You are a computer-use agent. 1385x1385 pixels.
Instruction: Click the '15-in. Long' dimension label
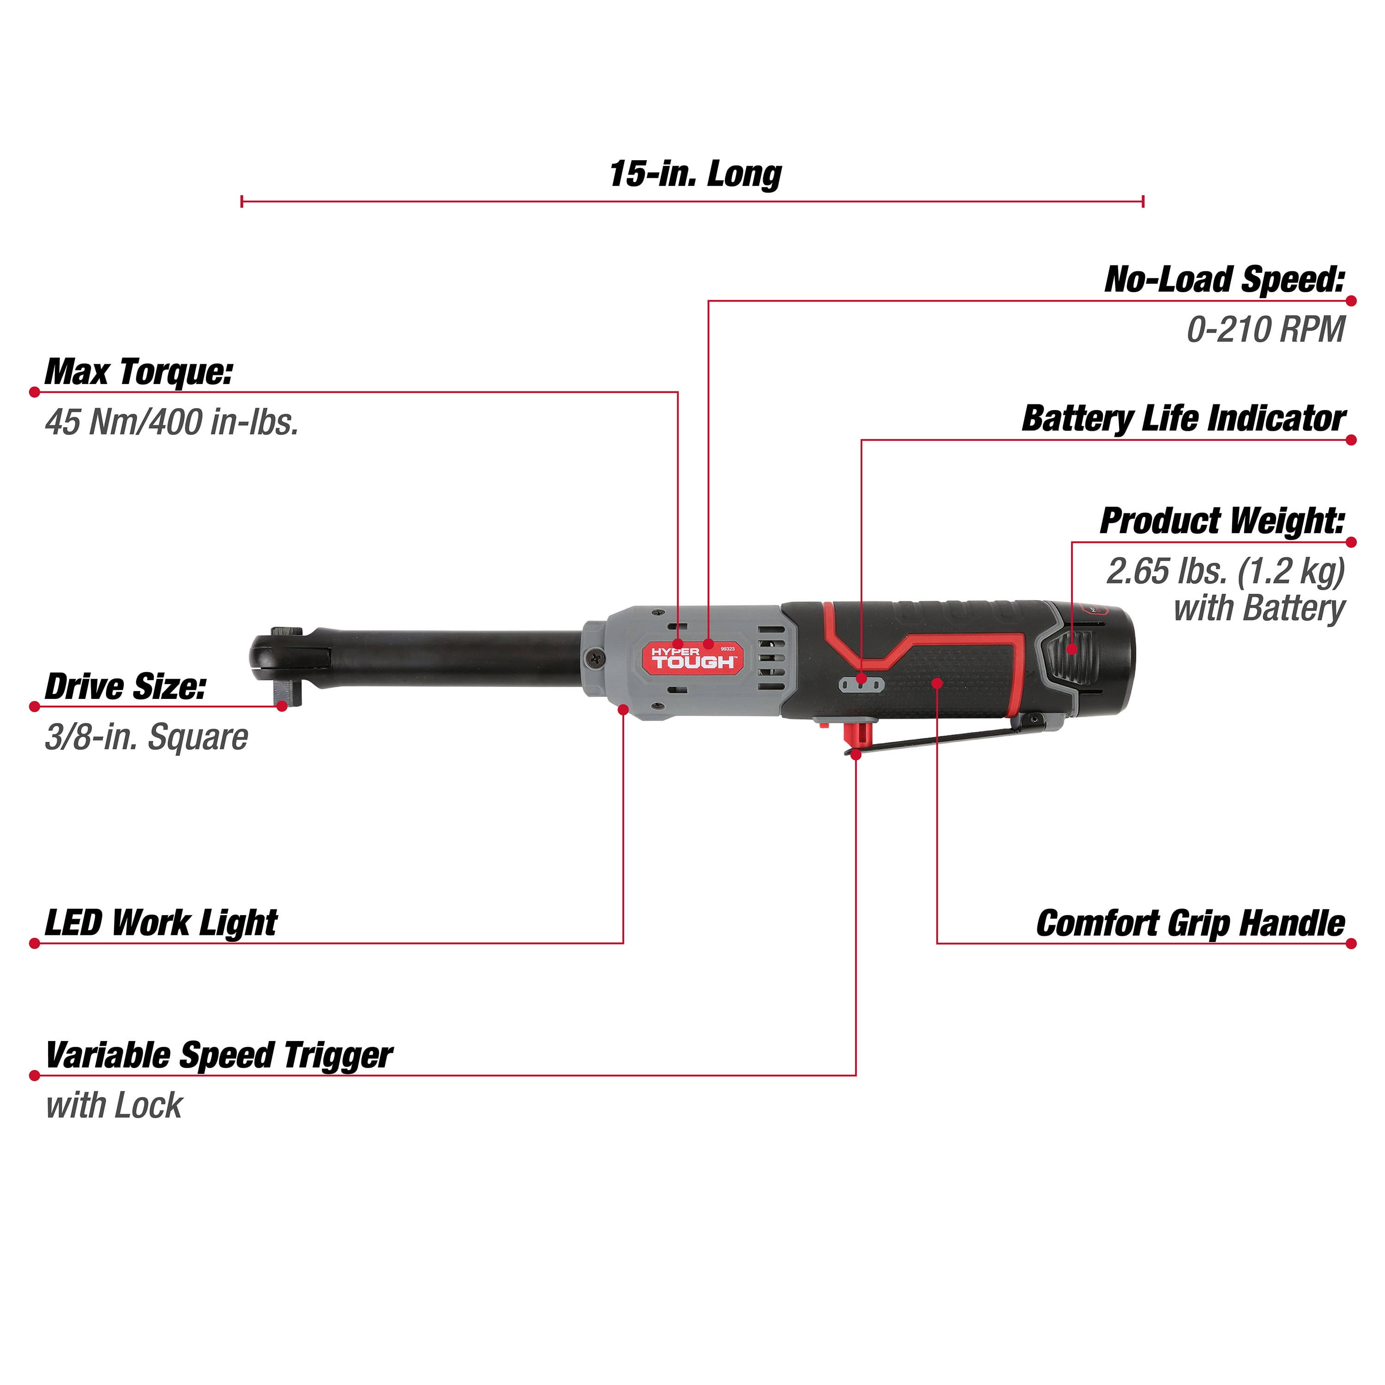pyautogui.click(x=695, y=174)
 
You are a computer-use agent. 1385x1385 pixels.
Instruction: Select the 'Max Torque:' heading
pyautogui.click(x=138, y=372)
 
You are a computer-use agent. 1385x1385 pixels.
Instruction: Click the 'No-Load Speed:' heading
pyautogui.click(x=1224, y=280)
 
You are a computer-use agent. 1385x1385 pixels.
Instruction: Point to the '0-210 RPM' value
pyautogui.click(x=1265, y=330)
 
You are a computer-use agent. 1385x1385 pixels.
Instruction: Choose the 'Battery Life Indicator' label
pyautogui.click(x=1184, y=419)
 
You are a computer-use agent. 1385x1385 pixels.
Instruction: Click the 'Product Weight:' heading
pyautogui.click(x=1222, y=521)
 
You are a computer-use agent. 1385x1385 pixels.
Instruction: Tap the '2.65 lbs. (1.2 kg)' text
pyautogui.click(x=1226, y=572)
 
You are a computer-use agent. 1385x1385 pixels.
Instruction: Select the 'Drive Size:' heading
pyautogui.click(x=126, y=687)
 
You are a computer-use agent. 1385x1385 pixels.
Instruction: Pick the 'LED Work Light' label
pyautogui.click(x=161, y=923)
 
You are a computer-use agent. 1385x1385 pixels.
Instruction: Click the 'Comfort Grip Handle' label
pyautogui.click(x=1190, y=923)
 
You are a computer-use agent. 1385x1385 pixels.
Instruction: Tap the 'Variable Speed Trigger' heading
pyautogui.click(x=219, y=1056)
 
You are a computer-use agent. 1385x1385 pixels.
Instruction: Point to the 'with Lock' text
pyautogui.click(x=114, y=1105)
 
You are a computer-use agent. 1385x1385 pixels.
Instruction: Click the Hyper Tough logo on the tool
pyautogui.click(x=692, y=657)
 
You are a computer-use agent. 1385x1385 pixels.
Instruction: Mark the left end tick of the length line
pyautogui.click(x=242, y=201)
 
